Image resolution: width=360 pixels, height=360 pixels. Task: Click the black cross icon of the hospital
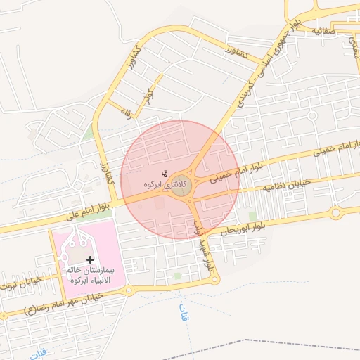[90, 259]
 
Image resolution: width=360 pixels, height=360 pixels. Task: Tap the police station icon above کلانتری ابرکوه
[164, 173]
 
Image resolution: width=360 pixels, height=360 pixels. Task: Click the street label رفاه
[127, 112]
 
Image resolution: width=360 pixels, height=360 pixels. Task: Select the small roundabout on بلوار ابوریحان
[336, 212]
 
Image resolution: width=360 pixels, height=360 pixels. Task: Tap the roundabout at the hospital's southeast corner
[129, 290]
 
